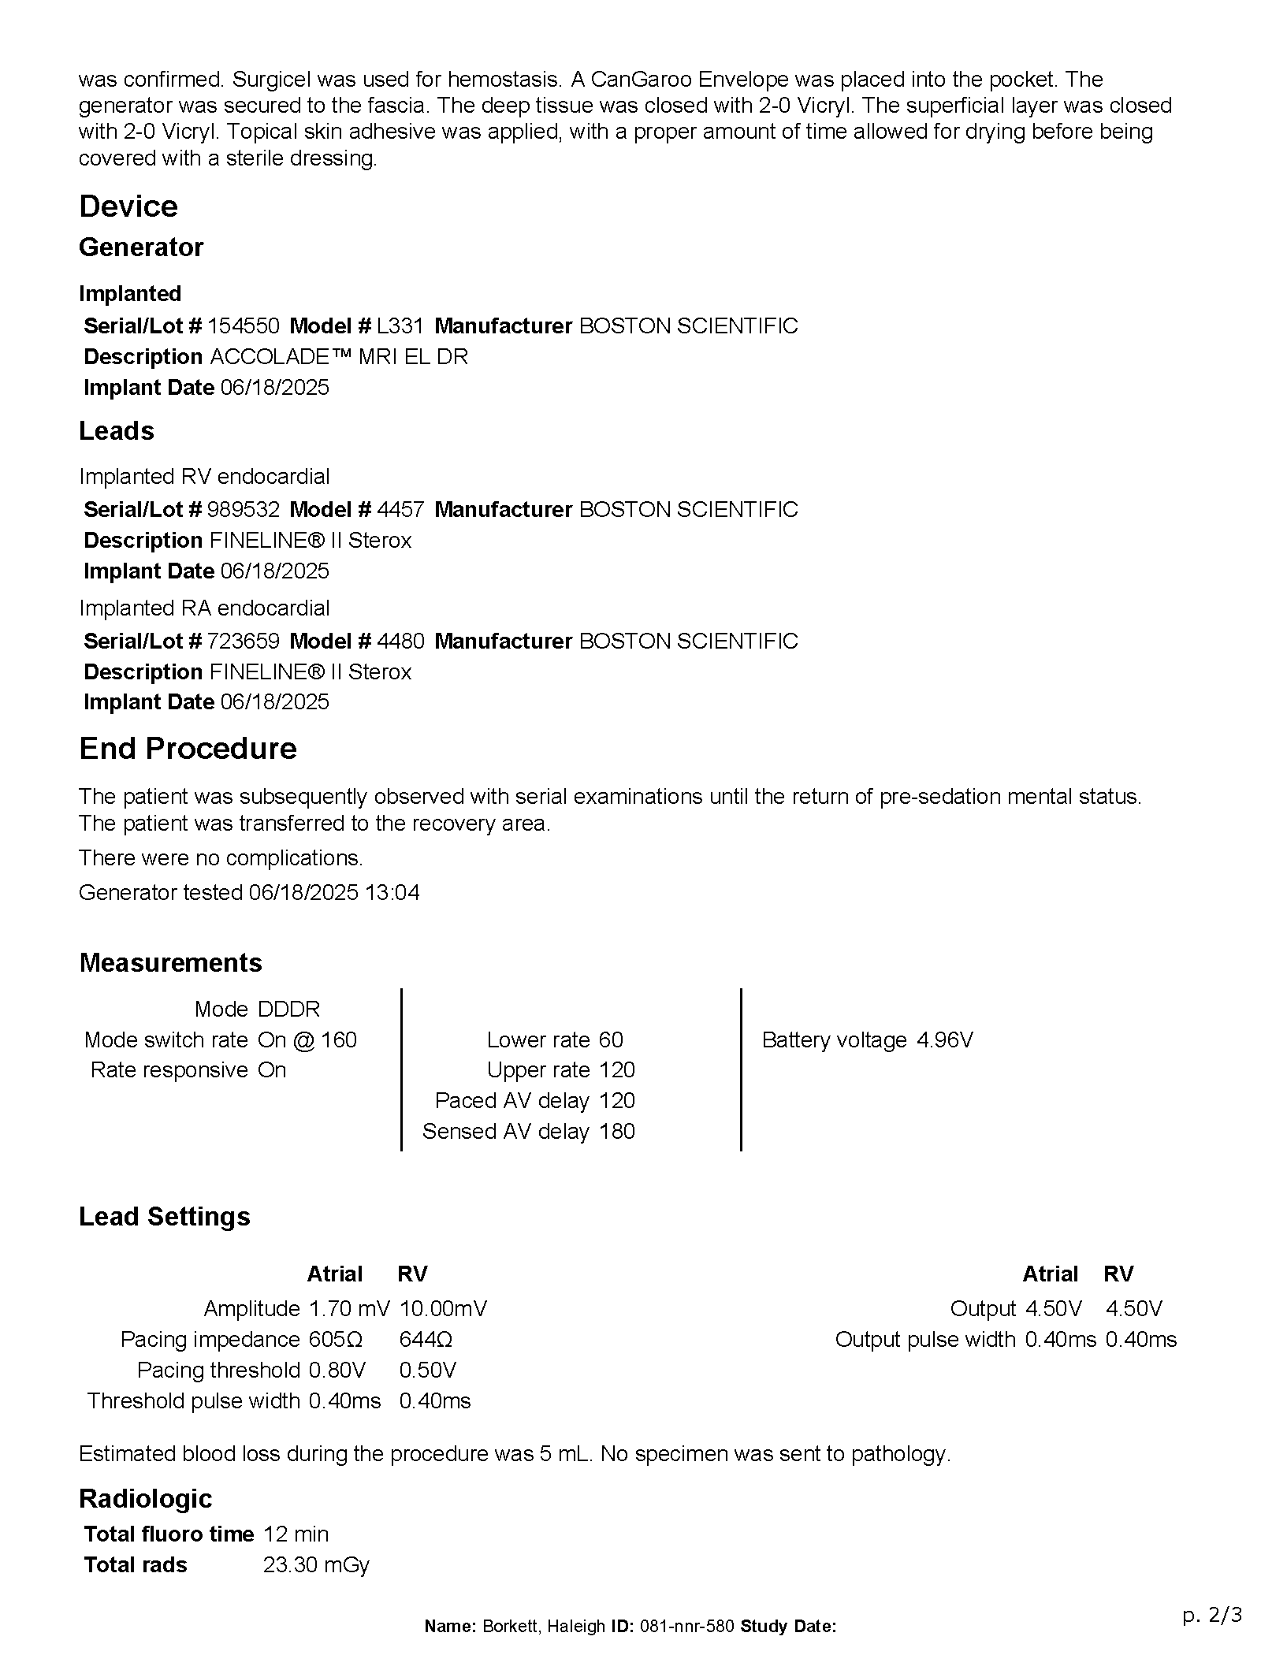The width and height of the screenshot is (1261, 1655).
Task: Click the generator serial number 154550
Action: [243, 325]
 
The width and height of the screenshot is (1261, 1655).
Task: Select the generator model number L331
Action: [400, 325]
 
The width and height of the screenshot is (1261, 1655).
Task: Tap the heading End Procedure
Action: [188, 748]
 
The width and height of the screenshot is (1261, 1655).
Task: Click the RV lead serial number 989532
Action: [243, 509]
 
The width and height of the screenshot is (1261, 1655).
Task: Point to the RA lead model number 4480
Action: [400, 641]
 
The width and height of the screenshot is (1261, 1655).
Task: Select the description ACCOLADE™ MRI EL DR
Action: [339, 356]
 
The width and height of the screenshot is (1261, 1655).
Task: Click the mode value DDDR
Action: [288, 1009]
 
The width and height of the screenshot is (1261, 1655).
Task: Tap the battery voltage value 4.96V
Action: [944, 1039]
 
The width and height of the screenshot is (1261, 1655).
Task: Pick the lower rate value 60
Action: [611, 1039]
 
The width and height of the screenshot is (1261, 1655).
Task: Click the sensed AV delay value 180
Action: [616, 1131]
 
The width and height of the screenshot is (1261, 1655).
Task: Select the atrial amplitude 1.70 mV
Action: [348, 1308]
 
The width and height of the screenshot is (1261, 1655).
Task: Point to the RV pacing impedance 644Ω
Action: [426, 1339]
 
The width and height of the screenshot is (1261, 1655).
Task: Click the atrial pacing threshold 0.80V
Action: [337, 1370]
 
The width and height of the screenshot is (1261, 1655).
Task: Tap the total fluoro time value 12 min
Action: [296, 1534]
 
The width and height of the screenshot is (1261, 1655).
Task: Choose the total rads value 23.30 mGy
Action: [316, 1564]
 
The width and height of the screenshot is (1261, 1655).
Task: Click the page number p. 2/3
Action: [1212, 1615]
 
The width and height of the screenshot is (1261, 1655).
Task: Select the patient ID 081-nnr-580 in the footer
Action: [686, 1626]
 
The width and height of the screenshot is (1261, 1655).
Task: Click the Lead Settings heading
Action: [164, 1216]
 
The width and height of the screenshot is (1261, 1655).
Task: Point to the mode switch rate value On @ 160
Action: [307, 1039]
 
